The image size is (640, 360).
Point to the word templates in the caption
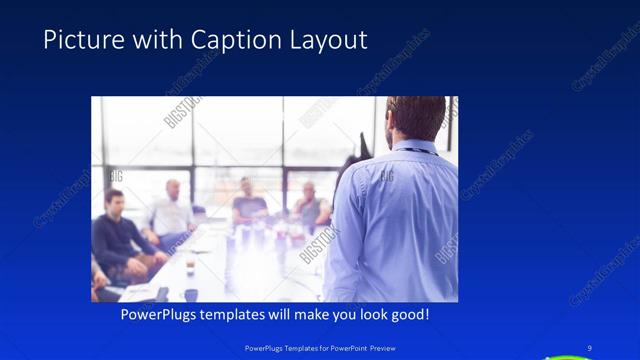(240, 314)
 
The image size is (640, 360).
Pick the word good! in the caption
(409, 314)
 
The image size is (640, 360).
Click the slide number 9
(590, 347)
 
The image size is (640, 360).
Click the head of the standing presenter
(414, 118)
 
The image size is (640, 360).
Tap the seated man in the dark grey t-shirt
(249, 205)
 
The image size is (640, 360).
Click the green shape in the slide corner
(570, 355)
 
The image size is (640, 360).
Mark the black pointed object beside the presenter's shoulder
(349, 160)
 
